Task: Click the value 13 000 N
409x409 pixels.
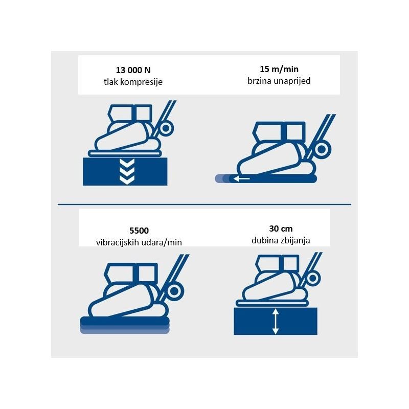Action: (x=133, y=70)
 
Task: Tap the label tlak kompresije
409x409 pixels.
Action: (x=133, y=82)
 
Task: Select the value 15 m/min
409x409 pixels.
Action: (x=279, y=69)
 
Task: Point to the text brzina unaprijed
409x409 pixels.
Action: (x=279, y=81)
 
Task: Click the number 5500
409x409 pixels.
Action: (x=139, y=231)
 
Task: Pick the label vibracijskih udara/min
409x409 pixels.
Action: (x=139, y=242)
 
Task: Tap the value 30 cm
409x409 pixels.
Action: (x=281, y=229)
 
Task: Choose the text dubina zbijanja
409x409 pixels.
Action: (x=281, y=240)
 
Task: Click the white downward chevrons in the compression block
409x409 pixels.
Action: (x=127, y=172)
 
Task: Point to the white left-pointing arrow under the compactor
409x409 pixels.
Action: (x=241, y=178)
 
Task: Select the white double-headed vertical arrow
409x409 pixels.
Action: (x=276, y=322)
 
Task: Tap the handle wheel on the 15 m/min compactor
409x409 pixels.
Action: (x=322, y=149)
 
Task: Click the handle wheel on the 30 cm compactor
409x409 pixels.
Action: (x=312, y=278)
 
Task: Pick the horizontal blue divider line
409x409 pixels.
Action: (x=204, y=204)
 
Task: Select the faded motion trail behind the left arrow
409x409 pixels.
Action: (x=223, y=178)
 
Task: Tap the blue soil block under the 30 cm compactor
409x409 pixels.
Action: (x=276, y=321)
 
